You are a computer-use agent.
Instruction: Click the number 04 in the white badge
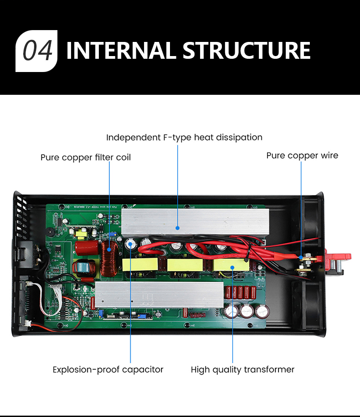[x=37, y=51]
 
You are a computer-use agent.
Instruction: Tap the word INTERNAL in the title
[x=120, y=51]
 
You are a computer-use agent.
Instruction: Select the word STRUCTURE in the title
[x=246, y=51]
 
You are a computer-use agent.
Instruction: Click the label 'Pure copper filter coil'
[x=86, y=158]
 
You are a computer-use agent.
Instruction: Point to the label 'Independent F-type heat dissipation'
[x=184, y=137]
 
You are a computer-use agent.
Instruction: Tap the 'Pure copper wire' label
[x=302, y=155]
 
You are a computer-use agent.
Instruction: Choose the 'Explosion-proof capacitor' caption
[x=108, y=370]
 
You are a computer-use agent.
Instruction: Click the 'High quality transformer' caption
[x=242, y=370]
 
